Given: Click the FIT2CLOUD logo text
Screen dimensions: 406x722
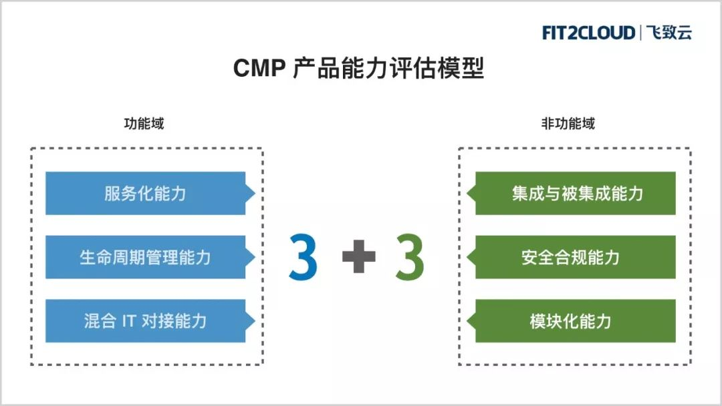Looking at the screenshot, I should click(589, 33).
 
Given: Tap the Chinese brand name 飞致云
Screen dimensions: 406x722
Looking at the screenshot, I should click(669, 33).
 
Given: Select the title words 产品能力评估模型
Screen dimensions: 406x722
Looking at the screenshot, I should click(388, 69).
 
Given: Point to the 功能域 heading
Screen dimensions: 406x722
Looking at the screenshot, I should click(144, 124).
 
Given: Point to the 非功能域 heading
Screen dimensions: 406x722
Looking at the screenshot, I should click(568, 124).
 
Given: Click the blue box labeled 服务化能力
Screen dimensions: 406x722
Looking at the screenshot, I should click(145, 194).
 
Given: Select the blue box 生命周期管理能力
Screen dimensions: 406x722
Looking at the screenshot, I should click(145, 257).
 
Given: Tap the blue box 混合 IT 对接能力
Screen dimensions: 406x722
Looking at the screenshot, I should click(145, 321).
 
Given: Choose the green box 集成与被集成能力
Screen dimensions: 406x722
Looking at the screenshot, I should click(577, 194).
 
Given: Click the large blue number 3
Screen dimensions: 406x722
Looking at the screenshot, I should click(303, 256).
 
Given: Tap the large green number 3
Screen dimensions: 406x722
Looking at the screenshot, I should click(409, 256).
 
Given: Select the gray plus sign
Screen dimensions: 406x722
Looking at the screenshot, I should click(358, 257).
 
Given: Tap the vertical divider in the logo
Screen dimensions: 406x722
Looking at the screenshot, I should click(640, 33).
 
